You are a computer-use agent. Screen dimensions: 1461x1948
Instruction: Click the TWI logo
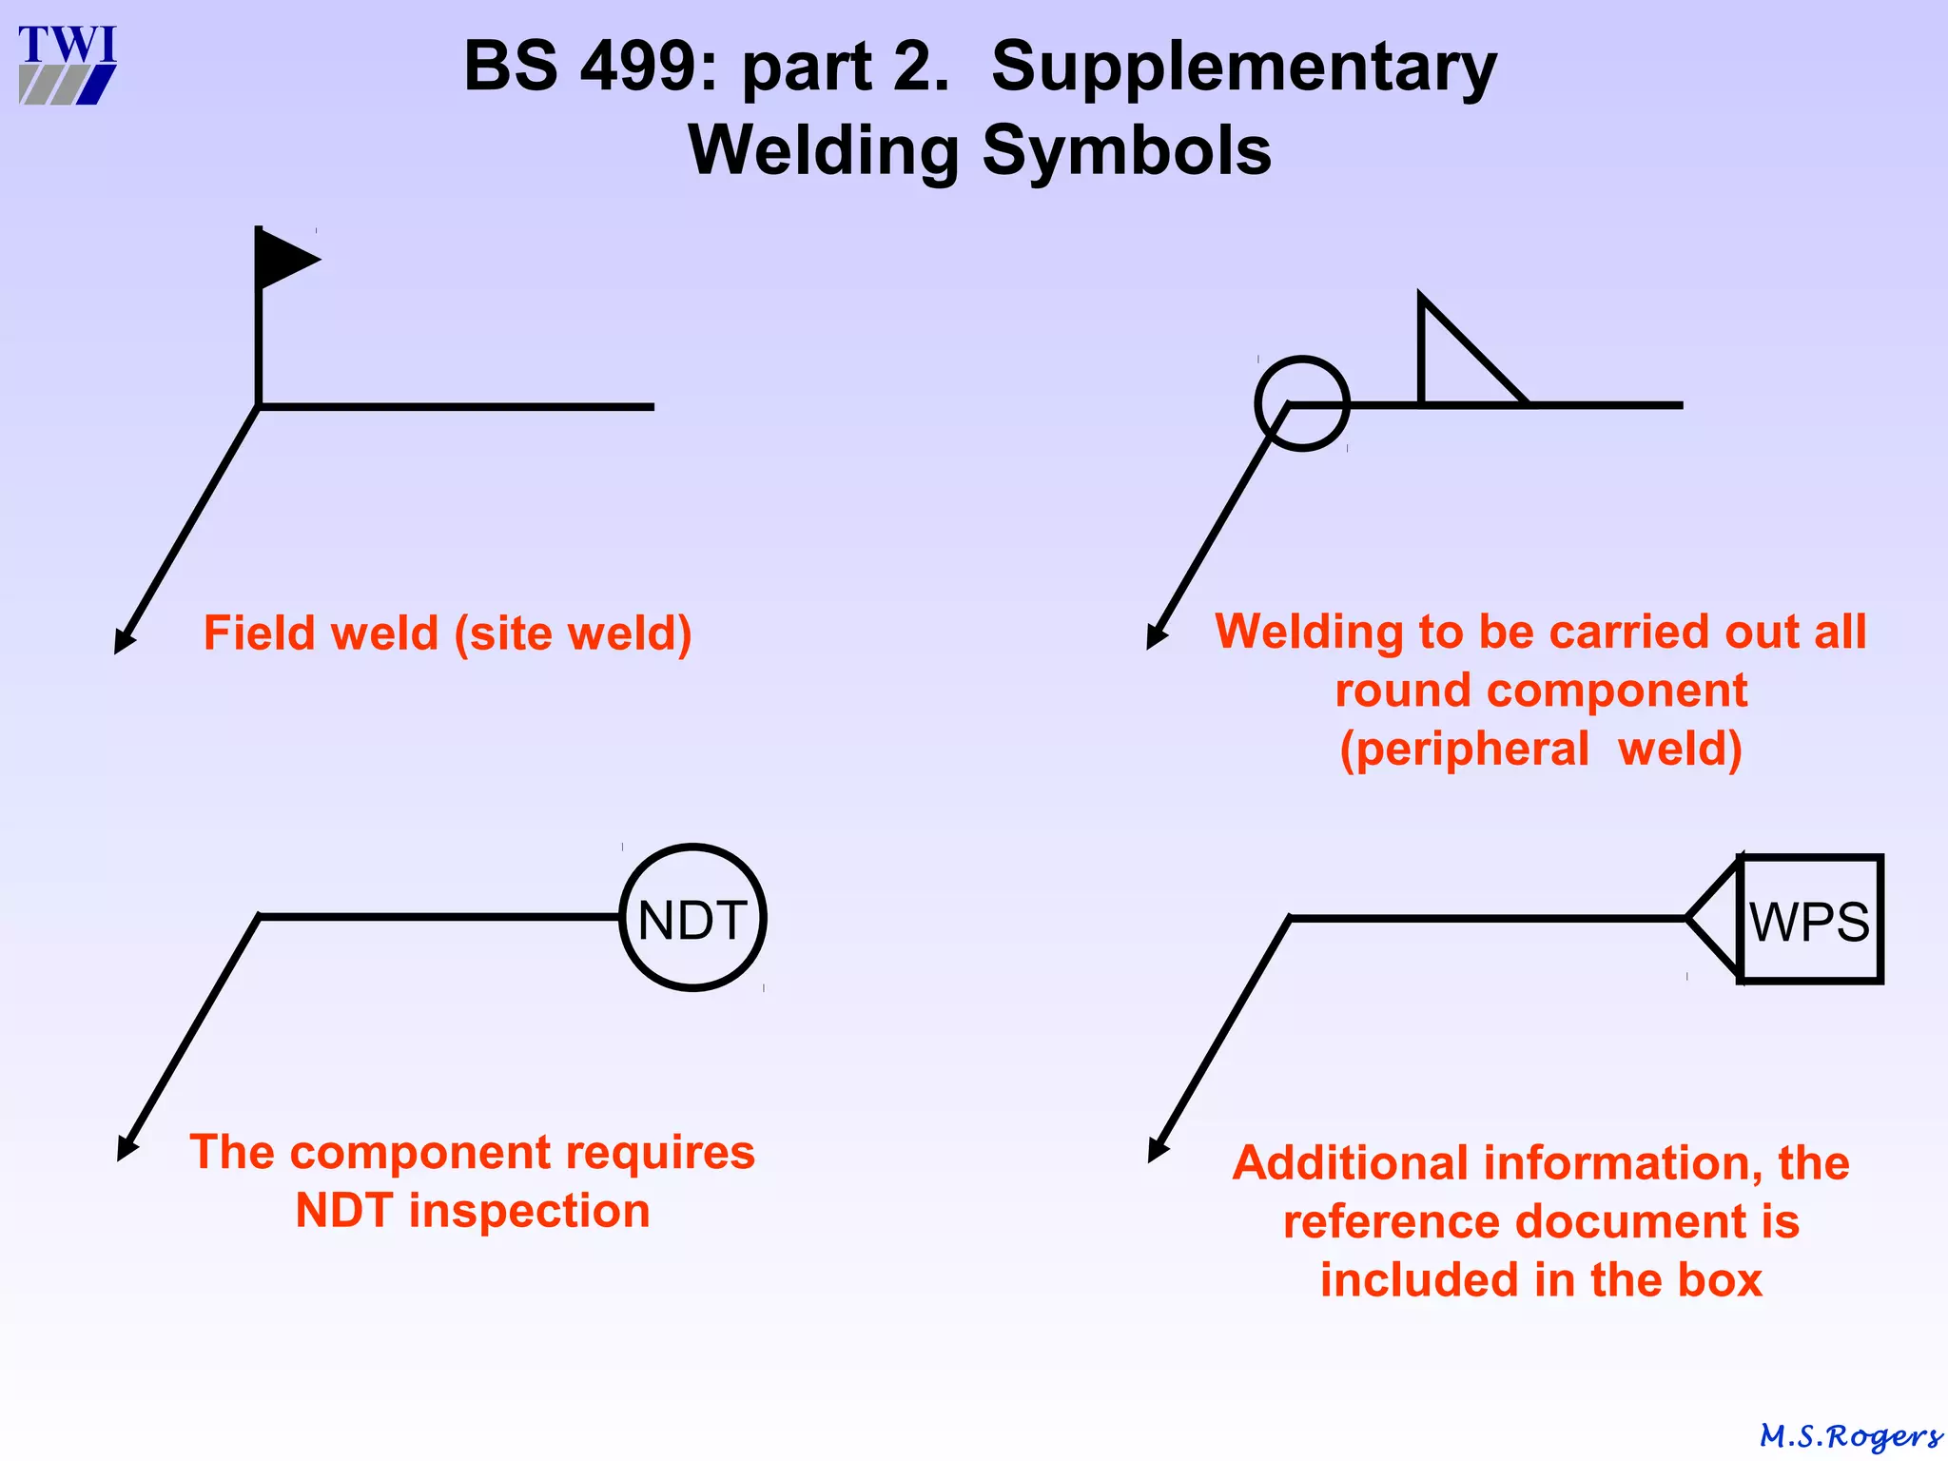68,65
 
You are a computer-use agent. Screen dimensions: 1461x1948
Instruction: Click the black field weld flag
283,258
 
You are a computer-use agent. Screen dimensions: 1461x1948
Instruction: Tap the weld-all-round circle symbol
1302,403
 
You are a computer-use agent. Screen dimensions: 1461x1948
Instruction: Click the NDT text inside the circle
692,921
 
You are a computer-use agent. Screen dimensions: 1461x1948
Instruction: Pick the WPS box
1811,919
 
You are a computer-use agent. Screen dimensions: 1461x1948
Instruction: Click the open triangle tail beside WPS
1716,918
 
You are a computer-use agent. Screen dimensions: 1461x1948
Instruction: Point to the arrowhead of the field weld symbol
123,643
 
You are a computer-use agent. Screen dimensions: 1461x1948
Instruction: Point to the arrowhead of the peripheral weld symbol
1156,637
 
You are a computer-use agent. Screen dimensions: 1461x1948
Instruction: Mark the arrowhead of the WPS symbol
1157,1151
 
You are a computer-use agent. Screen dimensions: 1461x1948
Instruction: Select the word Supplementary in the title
1243,69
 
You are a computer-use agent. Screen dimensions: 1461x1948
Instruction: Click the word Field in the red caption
252,633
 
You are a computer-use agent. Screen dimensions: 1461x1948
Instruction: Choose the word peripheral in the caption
1465,750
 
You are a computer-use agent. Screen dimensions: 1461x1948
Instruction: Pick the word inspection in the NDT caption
529,1211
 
